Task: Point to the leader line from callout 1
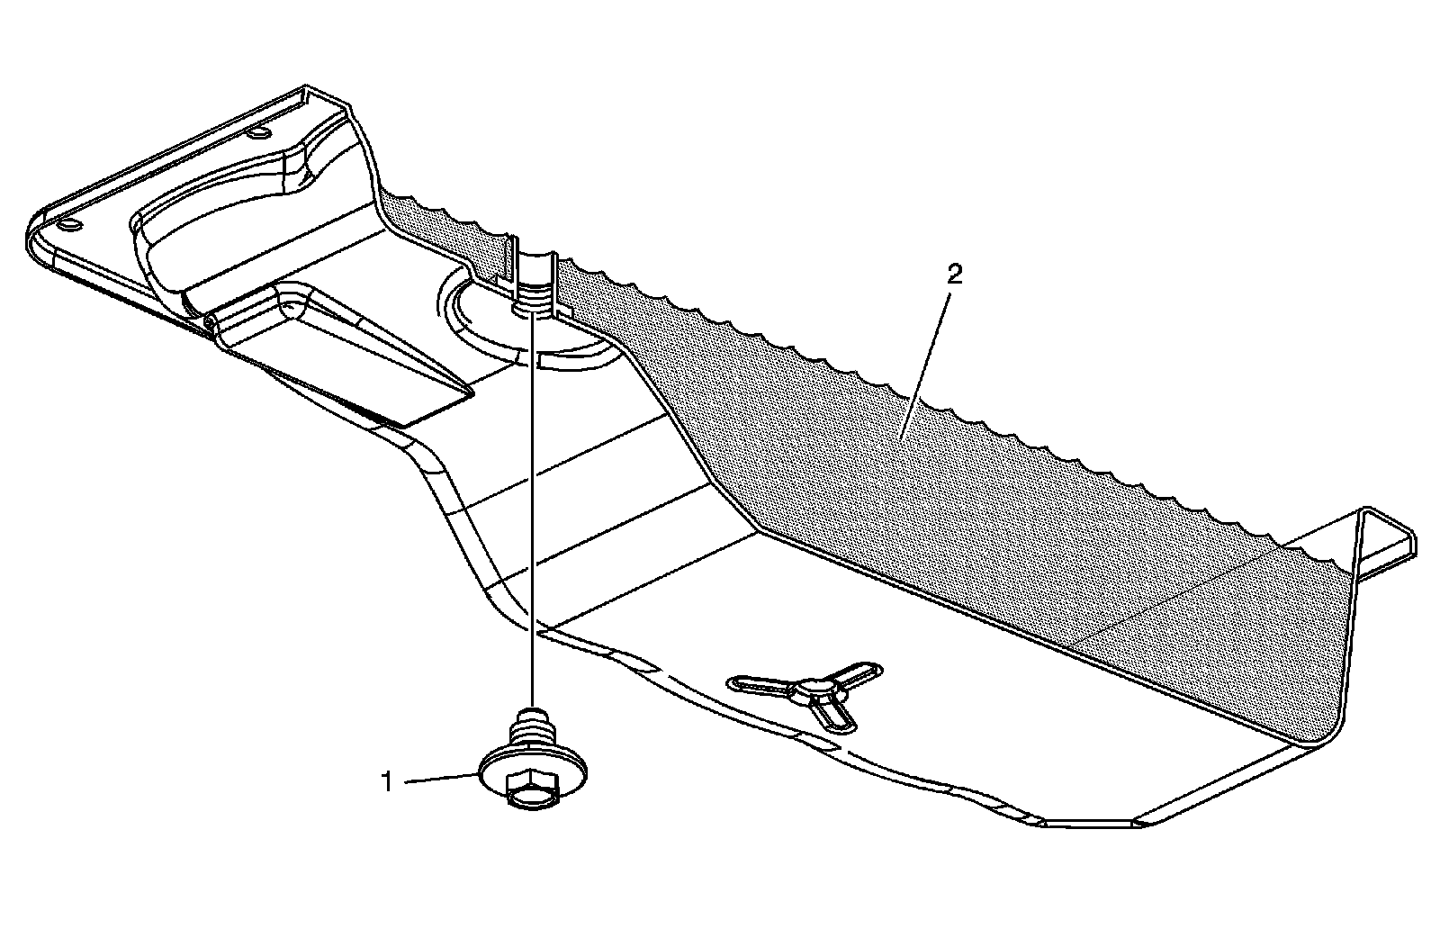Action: point(441,779)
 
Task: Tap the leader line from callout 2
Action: point(927,351)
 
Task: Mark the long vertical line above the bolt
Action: point(533,504)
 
